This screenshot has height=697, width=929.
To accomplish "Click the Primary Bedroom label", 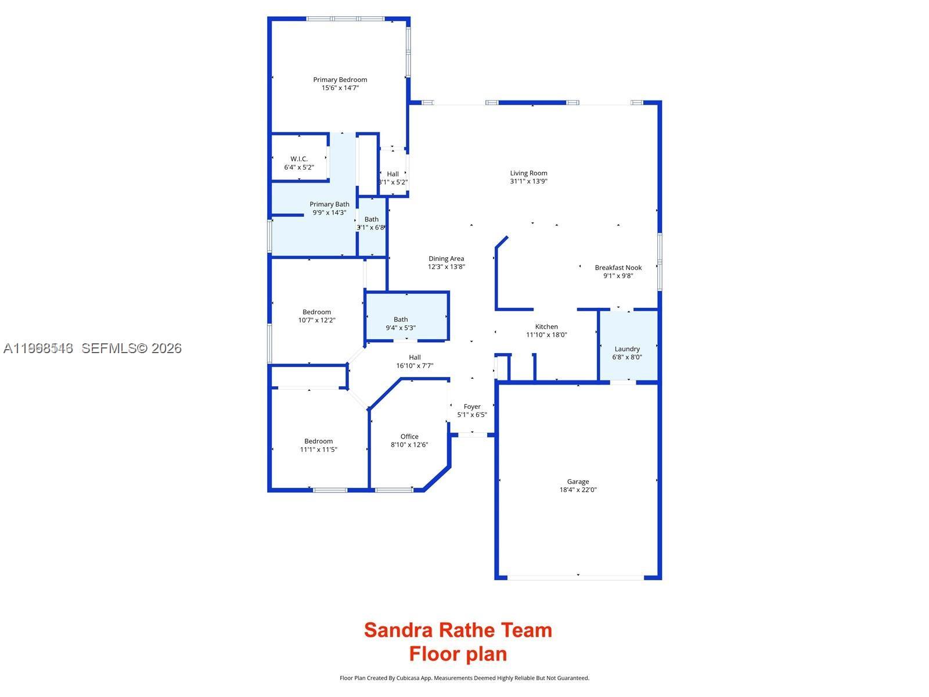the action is pos(340,80).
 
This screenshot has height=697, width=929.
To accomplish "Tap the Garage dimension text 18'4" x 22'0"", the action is pos(578,490).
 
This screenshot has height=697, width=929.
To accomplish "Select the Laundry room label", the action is pos(627,349).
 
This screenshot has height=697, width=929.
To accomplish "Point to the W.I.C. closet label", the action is pos(299,159).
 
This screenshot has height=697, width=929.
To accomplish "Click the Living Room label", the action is pos(528,173).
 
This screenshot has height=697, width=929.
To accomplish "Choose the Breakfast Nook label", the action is pos(618,268).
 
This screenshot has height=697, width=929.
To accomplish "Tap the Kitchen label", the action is pos(546,326).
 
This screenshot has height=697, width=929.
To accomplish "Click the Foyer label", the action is pos(472,407).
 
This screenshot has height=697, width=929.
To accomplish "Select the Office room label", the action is pos(409,437).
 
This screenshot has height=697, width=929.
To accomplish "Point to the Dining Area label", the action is pos(447,258).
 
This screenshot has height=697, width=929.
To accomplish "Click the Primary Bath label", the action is pos(329,204).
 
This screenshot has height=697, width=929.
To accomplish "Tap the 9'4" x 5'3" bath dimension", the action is pos(401,328).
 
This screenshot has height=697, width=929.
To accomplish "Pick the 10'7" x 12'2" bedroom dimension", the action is pos(317,320).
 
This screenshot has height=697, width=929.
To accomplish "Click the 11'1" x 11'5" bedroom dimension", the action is pos(319,450).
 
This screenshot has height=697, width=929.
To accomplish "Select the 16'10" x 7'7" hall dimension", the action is pos(415,366).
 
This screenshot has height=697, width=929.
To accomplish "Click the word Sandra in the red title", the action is pos(398,630).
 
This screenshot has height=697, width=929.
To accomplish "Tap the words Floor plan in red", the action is pos(458,654).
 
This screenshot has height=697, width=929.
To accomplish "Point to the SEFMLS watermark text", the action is pos(131,348).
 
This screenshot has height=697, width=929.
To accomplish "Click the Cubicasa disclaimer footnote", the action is pos(464,678).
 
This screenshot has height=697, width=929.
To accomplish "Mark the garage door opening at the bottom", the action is pos(576,577).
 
